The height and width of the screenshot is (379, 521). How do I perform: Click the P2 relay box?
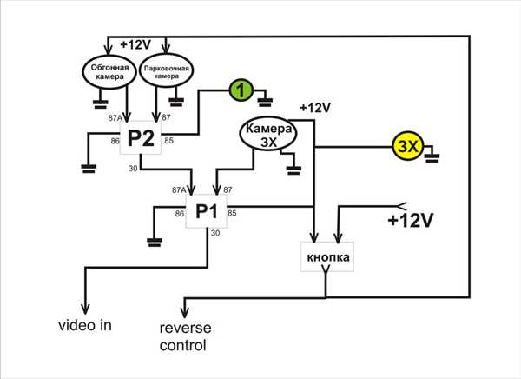click(x=141, y=137)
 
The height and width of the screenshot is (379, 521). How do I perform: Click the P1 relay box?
click(x=207, y=211)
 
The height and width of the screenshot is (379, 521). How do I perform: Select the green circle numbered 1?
click(x=241, y=90)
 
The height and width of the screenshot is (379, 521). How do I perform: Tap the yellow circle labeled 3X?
click(x=408, y=146)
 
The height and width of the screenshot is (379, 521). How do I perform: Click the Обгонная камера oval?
click(x=109, y=72)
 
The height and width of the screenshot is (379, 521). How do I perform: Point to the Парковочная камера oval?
click(x=166, y=70)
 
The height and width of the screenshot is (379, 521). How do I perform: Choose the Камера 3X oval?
click(x=268, y=133)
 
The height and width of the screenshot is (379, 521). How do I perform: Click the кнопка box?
click(x=327, y=257)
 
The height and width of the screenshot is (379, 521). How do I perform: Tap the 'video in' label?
click(x=85, y=325)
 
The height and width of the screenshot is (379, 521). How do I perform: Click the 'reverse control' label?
click(x=185, y=336)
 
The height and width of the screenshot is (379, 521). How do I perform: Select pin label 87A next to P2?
click(x=115, y=118)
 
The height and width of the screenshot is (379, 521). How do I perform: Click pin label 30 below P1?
click(x=215, y=233)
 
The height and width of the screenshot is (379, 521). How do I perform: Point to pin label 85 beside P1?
click(x=232, y=213)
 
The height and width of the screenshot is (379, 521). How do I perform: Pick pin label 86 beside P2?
click(x=115, y=141)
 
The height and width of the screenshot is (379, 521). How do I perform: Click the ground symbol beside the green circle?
click(x=265, y=102)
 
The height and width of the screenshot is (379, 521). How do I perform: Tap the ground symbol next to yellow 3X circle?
click(x=432, y=157)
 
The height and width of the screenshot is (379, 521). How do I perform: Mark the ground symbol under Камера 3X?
click(x=293, y=170)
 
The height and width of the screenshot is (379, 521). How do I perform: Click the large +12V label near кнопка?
click(x=411, y=220)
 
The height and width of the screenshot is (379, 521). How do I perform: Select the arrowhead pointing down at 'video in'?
click(x=85, y=308)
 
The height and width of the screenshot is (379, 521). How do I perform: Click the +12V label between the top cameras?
click(x=136, y=44)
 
